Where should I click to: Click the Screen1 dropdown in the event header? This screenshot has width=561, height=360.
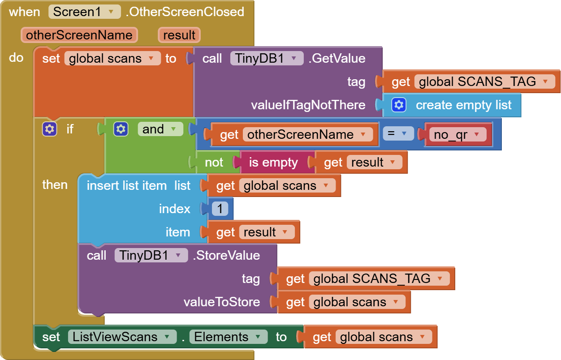[x=85, y=12]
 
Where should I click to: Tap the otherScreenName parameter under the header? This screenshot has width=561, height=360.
[x=79, y=35]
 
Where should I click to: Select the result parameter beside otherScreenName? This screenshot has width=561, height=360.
[x=179, y=35]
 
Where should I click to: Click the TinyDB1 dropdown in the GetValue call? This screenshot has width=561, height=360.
[x=267, y=58]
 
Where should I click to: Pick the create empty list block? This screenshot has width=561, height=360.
[x=463, y=105]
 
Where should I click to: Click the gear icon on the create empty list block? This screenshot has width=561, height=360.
[x=398, y=105]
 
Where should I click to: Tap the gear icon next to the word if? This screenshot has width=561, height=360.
[x=49, y=129]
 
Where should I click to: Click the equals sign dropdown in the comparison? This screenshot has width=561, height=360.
[x=398, y=133]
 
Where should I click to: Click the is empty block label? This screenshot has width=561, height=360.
[x=273, y=162]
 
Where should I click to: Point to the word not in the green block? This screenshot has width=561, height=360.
[x=214, y=162]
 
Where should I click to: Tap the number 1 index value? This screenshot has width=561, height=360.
[x=220, y=209]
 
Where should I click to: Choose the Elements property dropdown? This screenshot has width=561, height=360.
[x=228, y=337]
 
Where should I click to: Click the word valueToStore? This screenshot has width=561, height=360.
[x=221, y=302]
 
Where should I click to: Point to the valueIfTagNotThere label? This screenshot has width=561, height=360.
[x=308, y=105]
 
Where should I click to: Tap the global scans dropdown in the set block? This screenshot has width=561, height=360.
[x=112, y=58]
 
